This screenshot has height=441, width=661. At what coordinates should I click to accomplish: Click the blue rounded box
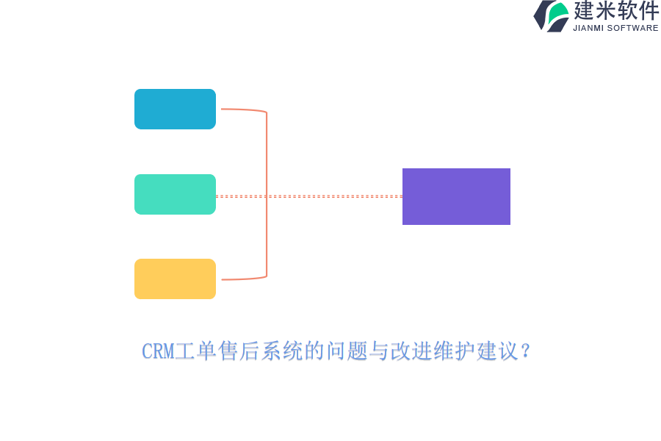[x=175, y=109]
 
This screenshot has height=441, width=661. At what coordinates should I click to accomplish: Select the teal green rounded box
[x=175, y=194]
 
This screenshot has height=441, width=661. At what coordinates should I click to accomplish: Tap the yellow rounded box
[x=175, y=279]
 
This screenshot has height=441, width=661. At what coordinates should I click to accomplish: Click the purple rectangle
[x=456, y=196]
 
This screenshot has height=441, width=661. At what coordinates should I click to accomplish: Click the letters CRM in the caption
[x=157, y=351]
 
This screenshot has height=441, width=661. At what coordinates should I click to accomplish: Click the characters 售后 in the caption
[x=239, y=351]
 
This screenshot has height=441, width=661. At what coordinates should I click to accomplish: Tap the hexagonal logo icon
[x=552, y=15]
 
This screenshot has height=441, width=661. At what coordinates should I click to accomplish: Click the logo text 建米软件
[x=616, y=11]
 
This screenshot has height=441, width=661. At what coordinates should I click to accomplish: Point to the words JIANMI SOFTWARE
[x=615, y=28]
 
